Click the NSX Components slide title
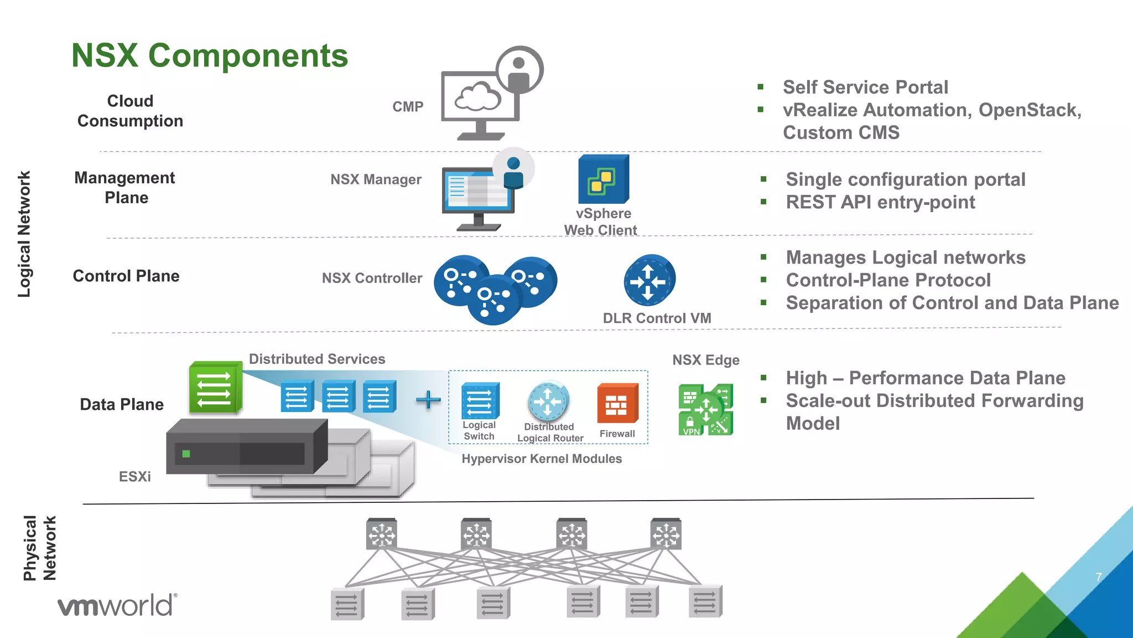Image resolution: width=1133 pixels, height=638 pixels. coord(210,55)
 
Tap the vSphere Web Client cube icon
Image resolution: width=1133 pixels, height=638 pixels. coord(603,179)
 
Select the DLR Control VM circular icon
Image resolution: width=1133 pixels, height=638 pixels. coord(649,281)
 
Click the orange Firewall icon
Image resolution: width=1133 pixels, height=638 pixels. coord(617,403)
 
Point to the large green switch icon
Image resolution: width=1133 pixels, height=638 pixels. coord(215,388)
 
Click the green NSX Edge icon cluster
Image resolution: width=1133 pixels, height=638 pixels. coord(705,410)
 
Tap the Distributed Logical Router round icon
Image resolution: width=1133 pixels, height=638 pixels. coord(548,401)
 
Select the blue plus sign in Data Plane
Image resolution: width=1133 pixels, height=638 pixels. coord(428,399)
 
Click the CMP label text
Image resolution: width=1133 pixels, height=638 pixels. coord(408,107)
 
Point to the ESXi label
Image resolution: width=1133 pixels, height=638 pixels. coord(134,477)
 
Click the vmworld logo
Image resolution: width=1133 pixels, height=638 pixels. coord(117,605)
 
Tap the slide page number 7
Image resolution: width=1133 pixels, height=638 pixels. coord(1099,577)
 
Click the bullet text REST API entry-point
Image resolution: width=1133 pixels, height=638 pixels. coord(880,203)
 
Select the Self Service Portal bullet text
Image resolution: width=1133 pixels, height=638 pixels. coord(865,88)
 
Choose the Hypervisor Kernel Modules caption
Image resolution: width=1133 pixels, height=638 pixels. coord(542,459)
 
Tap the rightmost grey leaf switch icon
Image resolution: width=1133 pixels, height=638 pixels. coord(705,602)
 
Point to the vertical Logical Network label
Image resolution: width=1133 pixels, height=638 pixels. coord(24,234)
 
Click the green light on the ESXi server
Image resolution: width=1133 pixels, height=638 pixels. coord(186,454)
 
